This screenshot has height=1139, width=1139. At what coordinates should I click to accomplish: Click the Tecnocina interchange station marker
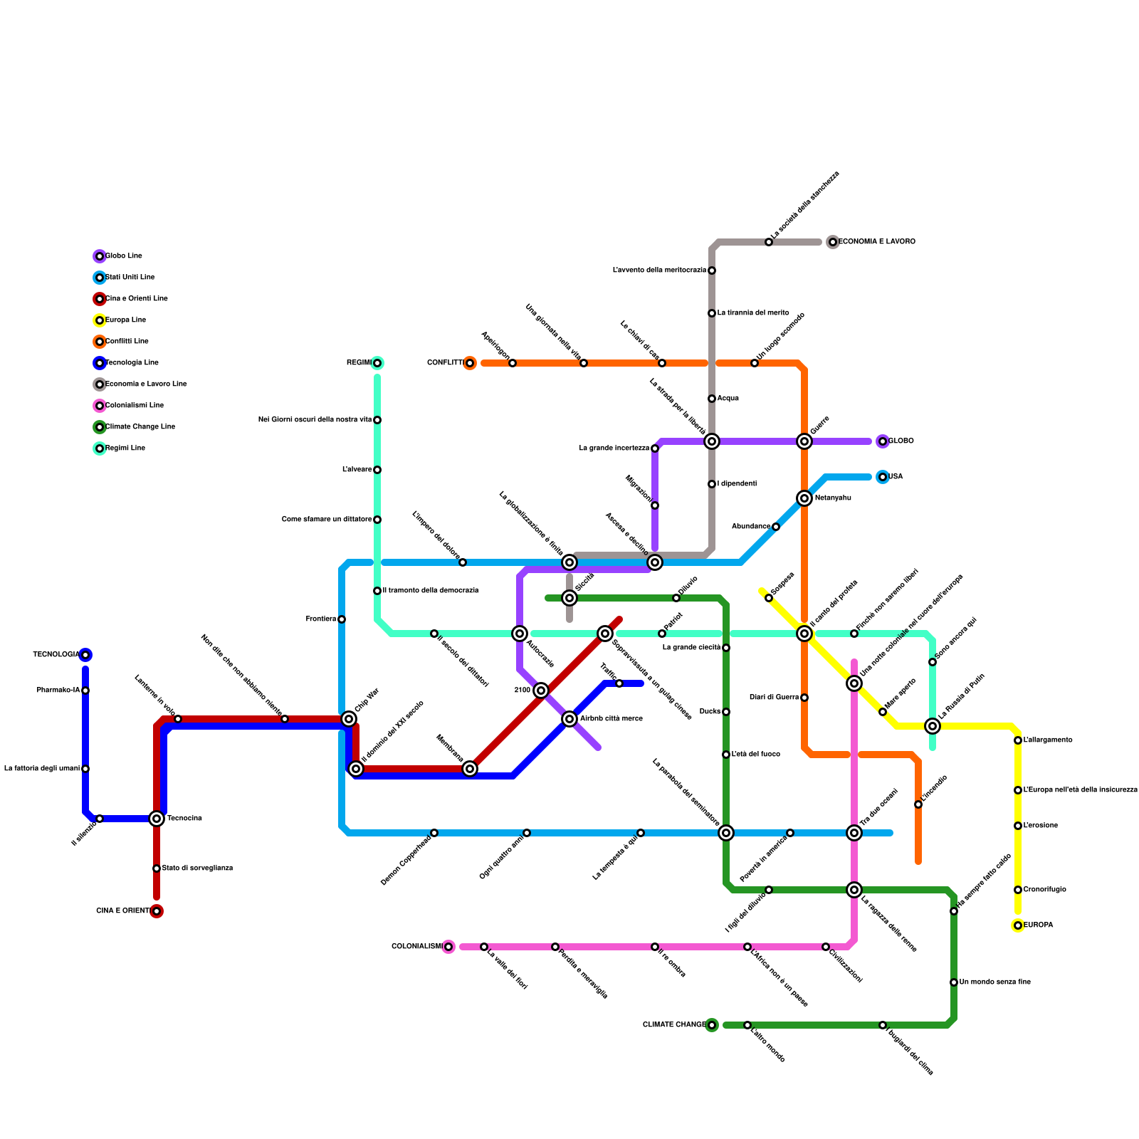(157, 819)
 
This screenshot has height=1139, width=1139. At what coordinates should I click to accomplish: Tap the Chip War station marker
(349, 719)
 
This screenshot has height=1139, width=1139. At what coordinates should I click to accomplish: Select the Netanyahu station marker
(804, 498)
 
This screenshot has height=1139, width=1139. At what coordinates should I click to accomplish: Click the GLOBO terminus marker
(883, 441)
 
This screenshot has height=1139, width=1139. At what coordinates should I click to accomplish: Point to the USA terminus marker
(883, 477)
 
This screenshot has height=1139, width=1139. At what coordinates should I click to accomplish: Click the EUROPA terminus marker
(1018, 925)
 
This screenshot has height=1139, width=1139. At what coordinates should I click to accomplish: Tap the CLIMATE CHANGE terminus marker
(712, 1025)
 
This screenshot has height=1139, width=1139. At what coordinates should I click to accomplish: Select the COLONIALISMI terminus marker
(448, 947)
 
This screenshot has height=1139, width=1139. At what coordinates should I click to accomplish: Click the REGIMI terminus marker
(377, 363)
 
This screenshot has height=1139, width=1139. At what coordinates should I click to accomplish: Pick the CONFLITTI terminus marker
(470, 363)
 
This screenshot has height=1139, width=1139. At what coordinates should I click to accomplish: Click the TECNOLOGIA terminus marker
(85, 655)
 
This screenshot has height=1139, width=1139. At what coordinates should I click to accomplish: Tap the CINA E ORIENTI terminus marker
(157, 911)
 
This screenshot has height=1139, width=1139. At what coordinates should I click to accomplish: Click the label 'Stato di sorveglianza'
(197, 868)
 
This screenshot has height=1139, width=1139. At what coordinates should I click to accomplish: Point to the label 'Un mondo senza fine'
(994, 982)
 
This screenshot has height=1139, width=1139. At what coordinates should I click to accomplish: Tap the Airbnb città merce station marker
(569, 719)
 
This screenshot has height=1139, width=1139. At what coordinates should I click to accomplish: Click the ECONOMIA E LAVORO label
(877, 242)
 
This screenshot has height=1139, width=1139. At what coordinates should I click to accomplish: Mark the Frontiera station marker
(342, 619)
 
